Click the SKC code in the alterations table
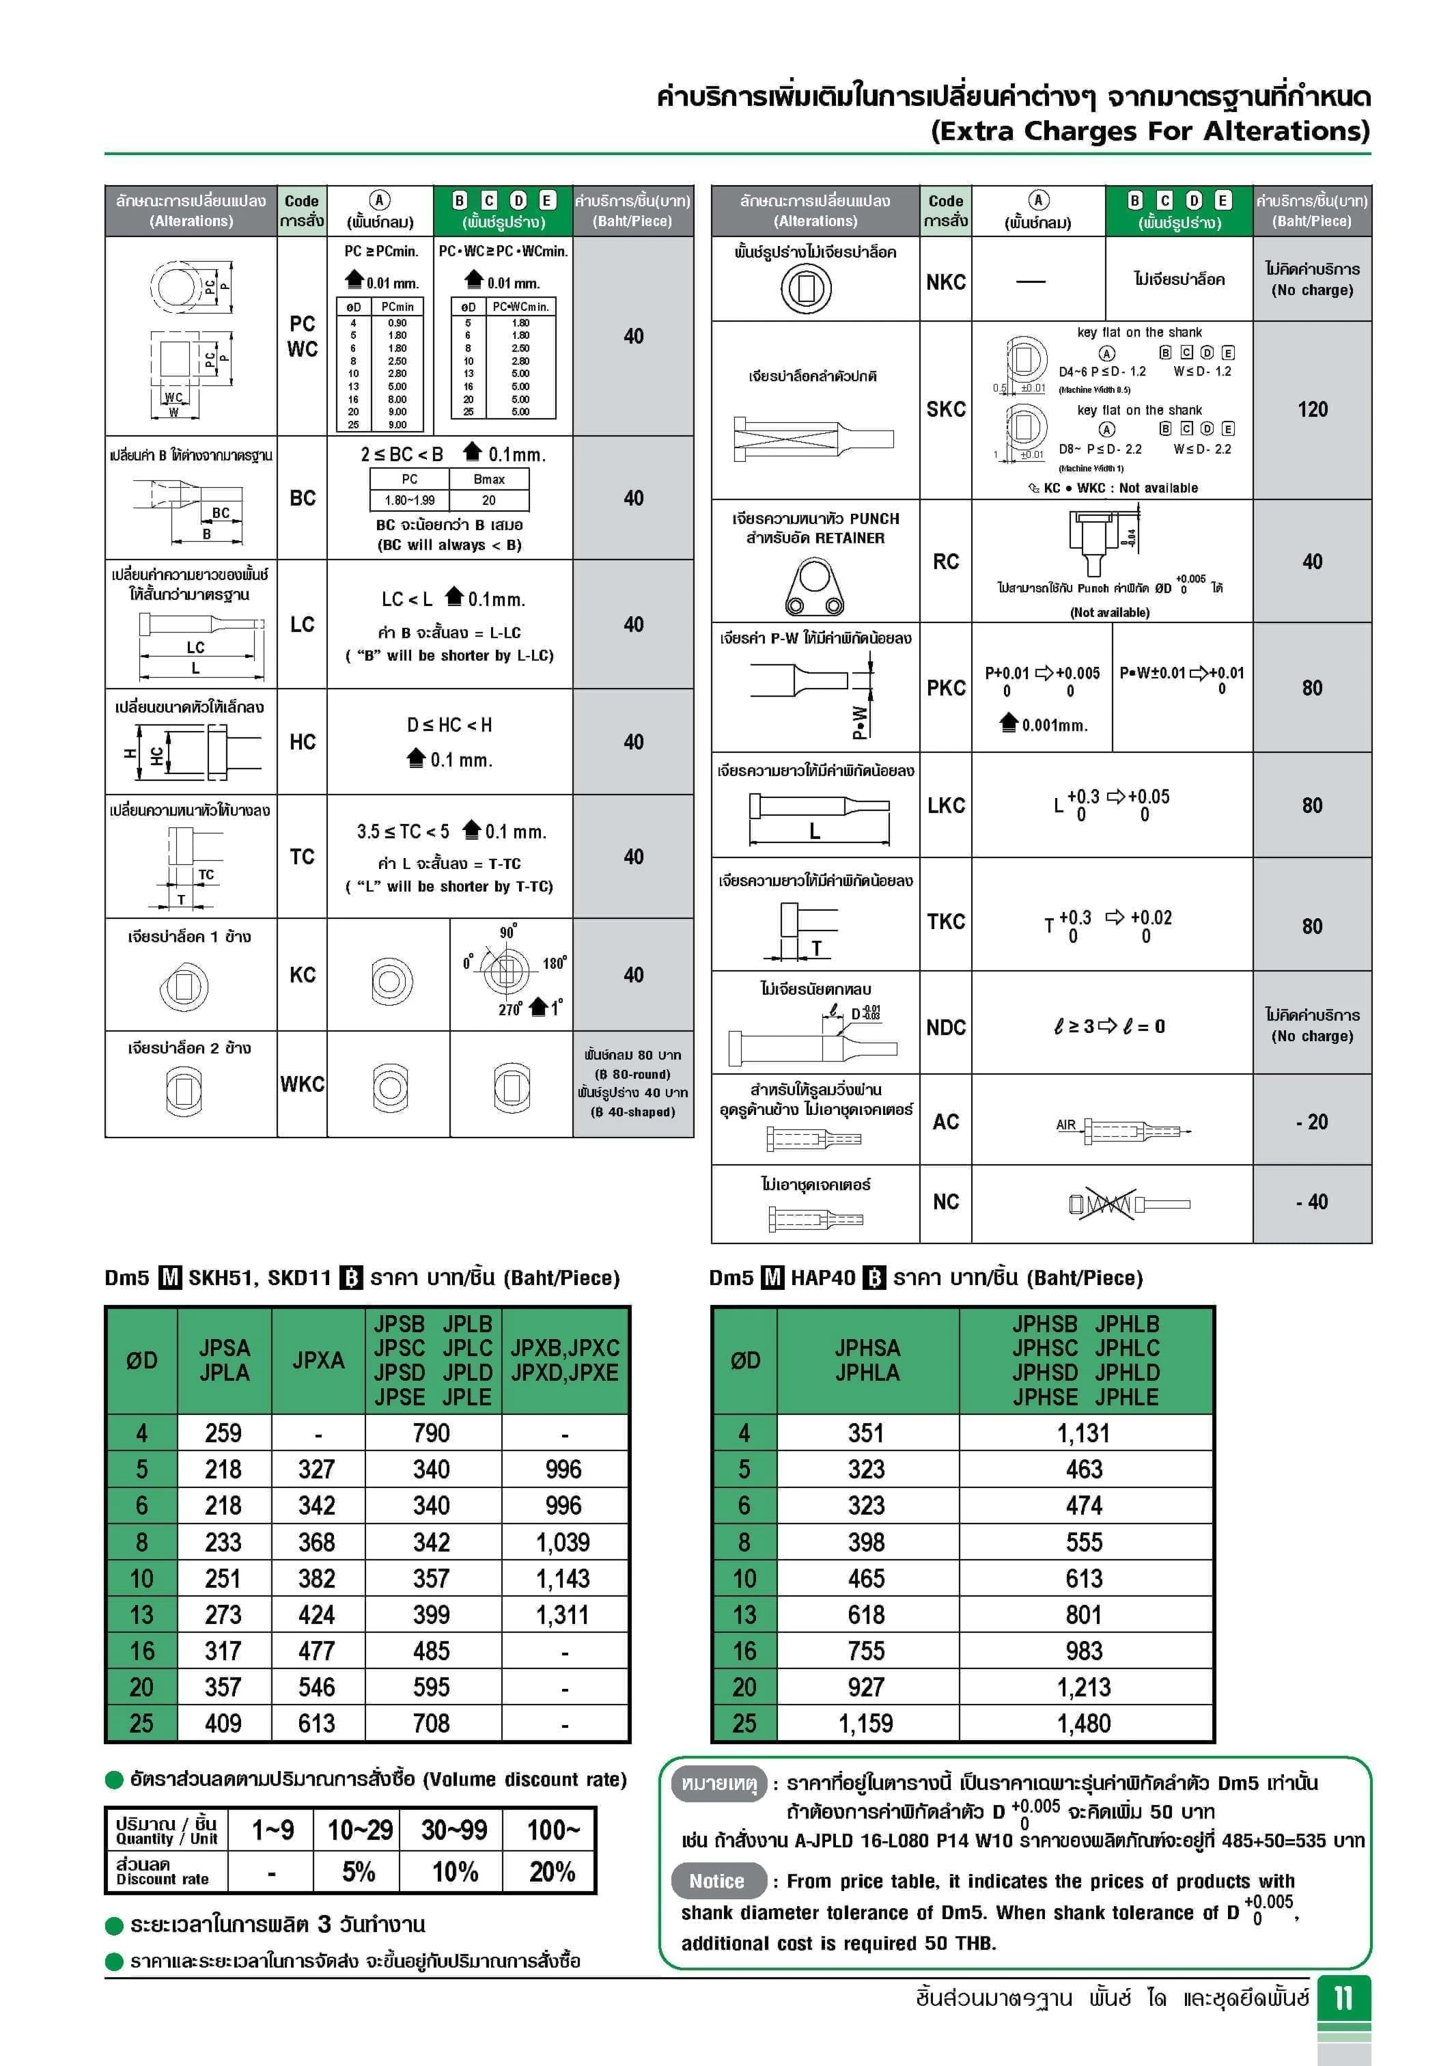pos(945,409)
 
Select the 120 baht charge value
pos(1312,409)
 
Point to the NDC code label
pos(945,1028)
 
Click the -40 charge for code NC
pos(1312,1202)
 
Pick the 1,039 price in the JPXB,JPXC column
pos(563,1542)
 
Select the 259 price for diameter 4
pos(223,1433)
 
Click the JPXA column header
pos(318,1360)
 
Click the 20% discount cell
pos(551,1873)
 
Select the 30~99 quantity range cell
pos(454,1830)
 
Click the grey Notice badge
pos(717,1882)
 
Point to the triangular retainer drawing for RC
pos(814,587)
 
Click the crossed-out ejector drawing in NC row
pos(1102,1204)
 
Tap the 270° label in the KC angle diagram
pos(510,1010)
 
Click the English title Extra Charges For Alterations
pos(1149,131)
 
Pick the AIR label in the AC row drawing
pos(1065,1125)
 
